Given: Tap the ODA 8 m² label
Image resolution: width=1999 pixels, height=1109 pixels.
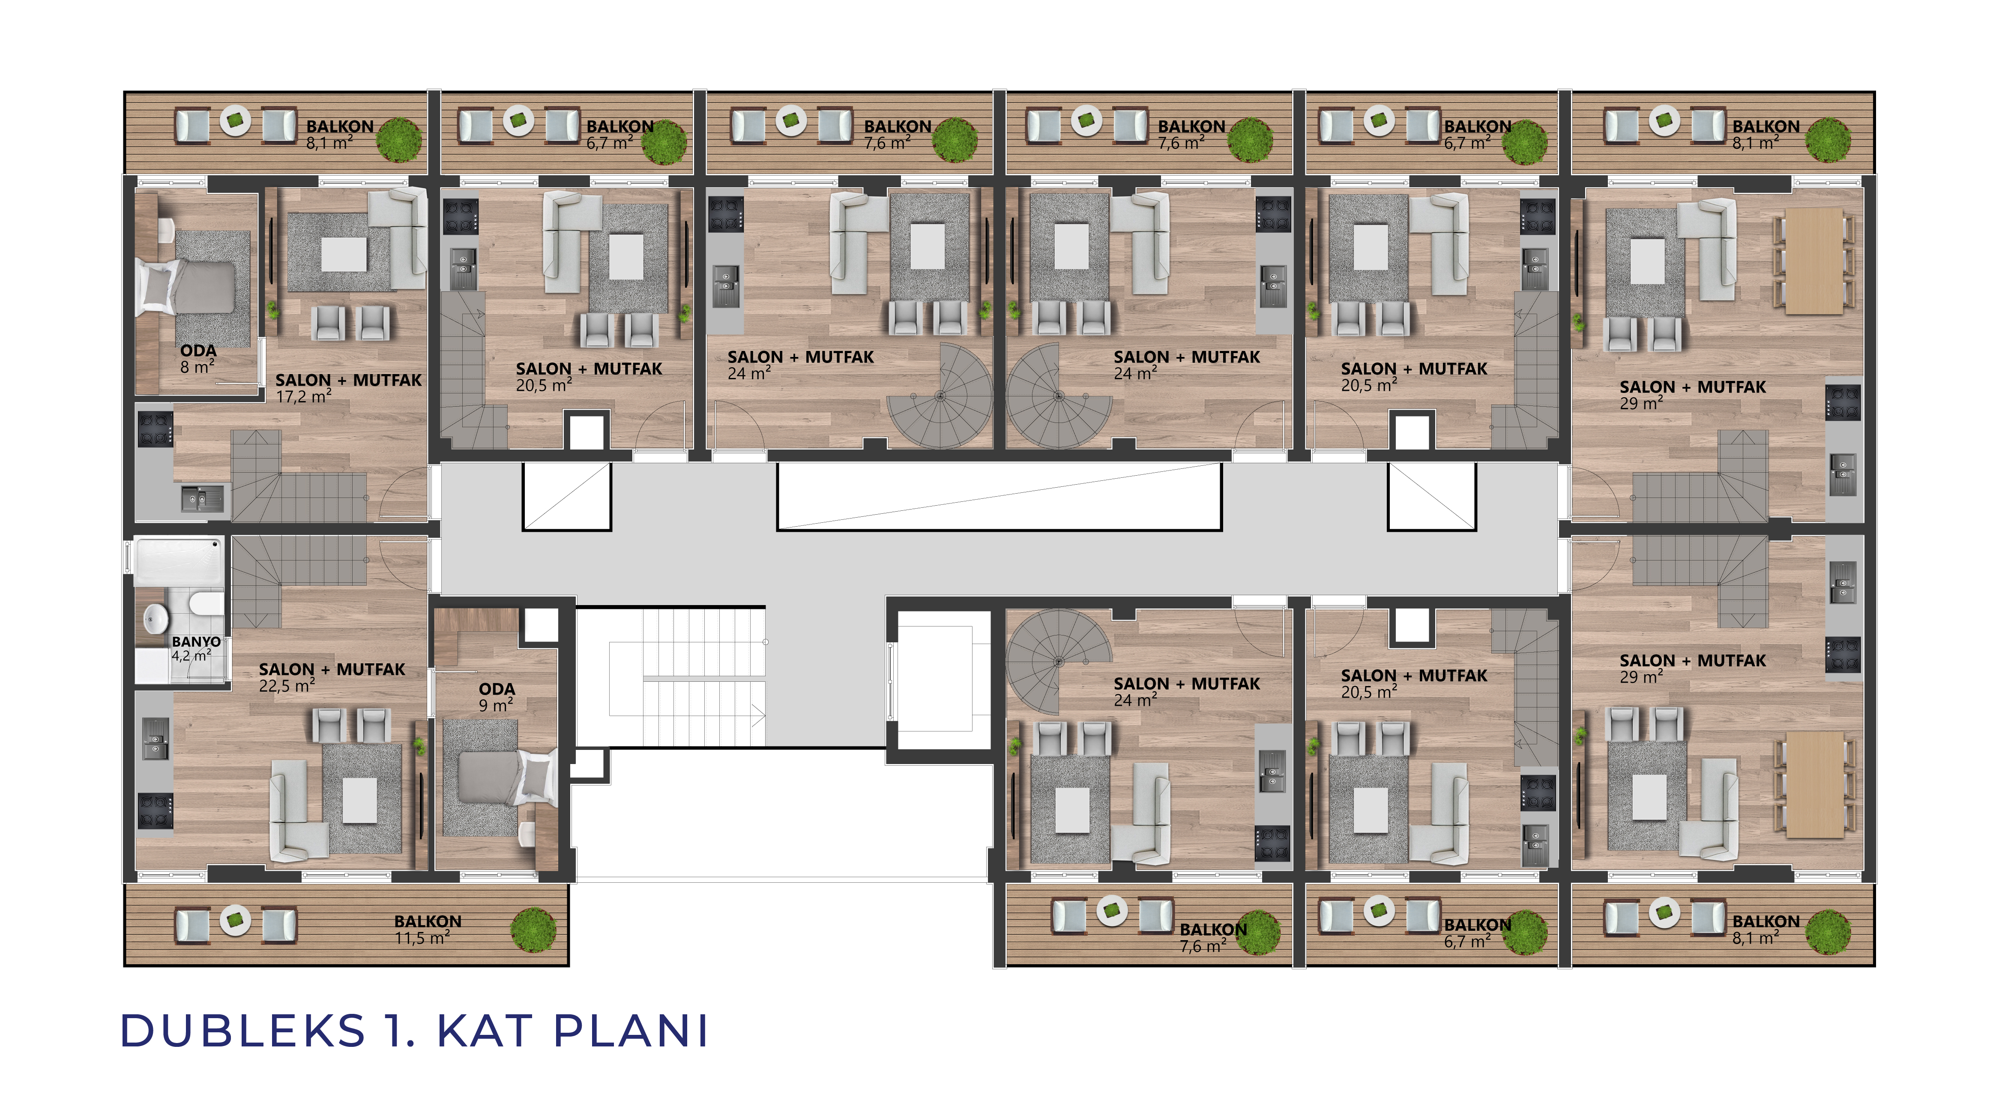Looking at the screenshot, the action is click(x=198, y=359).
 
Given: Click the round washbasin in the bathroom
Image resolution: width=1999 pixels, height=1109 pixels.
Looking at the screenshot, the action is click(x=157, y=618).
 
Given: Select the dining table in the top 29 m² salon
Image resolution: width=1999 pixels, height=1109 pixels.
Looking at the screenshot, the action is click(x=1814, y=261).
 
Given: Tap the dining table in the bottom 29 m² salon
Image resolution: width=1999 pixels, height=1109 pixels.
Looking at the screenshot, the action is click(x=1814, y=785).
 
